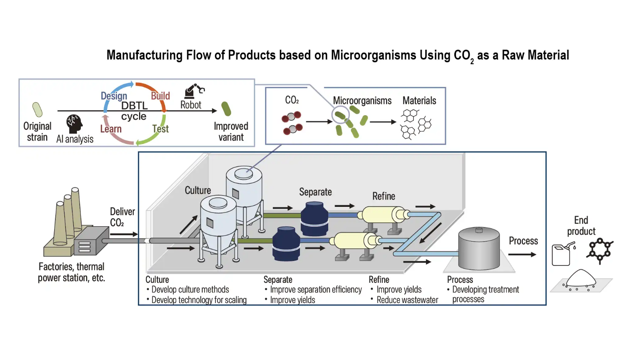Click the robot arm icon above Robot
[x=194, y=91]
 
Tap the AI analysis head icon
[x=74, y=124]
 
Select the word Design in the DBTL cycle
[x=114, y=96]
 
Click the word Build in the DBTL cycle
[x=160, y=96]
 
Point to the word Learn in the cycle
[x=111, y=129]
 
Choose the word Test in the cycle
[x=160, y=129]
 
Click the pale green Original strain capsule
[x=38, y=109]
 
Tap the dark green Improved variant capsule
[x=226, y=109]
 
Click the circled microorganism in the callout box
[x=340, y=116]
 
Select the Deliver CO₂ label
[x=122, y=217]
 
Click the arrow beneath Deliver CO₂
[x=124, y=234]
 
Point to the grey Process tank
[x=479, y=248]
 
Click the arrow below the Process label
[x=522, y=255]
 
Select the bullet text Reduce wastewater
[x=407, y=300]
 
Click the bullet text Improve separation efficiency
[x=316, y=290]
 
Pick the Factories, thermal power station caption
[x=72, y=272]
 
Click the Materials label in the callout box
[x=419, y=101]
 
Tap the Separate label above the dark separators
[x=315, y=192]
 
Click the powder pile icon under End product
[x=581, y=280]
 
